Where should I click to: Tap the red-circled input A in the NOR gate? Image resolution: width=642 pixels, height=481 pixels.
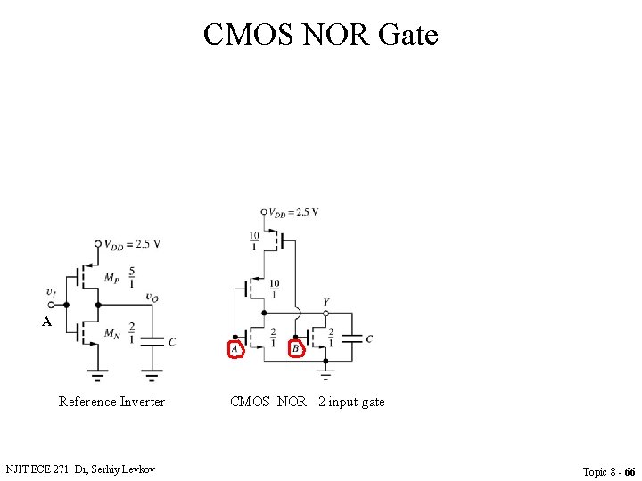pyautogui.click(x=235, y=349)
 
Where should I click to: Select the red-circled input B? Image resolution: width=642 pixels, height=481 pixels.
pyautogui.click(x=296, y=349)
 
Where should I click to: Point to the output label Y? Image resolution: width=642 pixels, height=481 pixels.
pyautogui.click(x=325, y=303)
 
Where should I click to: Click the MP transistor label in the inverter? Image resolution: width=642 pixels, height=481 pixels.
pyautogui.click(x=111, y=278)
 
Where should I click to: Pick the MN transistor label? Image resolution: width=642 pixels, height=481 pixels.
pyautogui.click(x=111, y=334)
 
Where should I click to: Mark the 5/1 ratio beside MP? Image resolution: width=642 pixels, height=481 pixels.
pyautogui.click(x=132, y=277)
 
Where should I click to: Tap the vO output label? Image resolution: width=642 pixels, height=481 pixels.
pyautogui.click(x=152, y=298)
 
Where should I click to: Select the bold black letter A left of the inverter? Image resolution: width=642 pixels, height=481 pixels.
pyautogui.click(x=46, y=322)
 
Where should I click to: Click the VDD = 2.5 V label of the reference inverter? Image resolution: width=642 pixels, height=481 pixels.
pyautogui.click(x=132, y=244)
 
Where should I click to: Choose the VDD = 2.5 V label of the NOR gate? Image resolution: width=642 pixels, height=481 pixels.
pyautogui.click(x=293, y=212)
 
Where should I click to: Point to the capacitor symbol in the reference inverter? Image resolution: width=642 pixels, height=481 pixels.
pyautogui.click(x=153, y=340)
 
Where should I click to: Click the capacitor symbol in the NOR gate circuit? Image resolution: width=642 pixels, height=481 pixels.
pyautogui.click(x=353, y=338)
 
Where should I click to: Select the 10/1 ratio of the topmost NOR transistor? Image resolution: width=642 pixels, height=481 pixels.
pyautogui.click(x=254, y=240)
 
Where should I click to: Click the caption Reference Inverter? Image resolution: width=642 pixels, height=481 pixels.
pyautogui.click(x=111, y=402)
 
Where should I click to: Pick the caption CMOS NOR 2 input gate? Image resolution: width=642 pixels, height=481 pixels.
pyautogui.click(x=308, y=402)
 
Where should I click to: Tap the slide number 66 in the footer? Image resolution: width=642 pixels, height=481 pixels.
pyautogui.click(x=630, y=471)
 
